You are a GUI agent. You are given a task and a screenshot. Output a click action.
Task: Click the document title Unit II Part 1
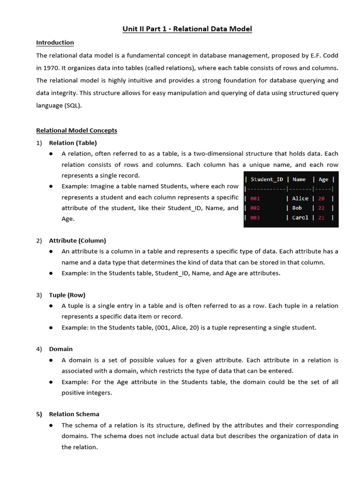click(187, 29)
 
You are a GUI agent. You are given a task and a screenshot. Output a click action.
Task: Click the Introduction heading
click(55, 43)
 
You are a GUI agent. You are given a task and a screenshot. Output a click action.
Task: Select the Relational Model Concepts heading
click(76, 130)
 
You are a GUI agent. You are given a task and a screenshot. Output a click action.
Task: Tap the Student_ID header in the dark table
click(267, 179)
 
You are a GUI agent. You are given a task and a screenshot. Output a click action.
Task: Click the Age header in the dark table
click(323, 179)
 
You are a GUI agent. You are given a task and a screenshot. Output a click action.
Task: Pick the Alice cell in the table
click(300, 198)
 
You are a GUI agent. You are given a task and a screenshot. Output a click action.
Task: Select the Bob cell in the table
click(297, 208)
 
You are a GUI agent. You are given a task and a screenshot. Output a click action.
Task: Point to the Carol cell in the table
click(300, 217)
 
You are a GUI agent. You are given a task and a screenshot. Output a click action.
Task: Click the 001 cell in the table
click(255, 198)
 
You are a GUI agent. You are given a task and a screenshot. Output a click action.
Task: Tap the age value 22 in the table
click(322, 208)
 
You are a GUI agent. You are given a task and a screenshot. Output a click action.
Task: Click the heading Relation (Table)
click(73, 142)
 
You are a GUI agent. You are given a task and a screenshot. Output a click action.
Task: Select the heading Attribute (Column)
click(77, 240)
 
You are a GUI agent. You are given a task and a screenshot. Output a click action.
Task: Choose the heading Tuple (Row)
click(67, 295)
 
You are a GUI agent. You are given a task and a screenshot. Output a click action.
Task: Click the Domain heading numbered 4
click(61, 349)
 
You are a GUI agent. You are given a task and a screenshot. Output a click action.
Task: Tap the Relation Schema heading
click(74, 414)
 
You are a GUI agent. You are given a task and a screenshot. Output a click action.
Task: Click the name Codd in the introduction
click(330, 55)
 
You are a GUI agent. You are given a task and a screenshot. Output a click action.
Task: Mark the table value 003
click(255, 217)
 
